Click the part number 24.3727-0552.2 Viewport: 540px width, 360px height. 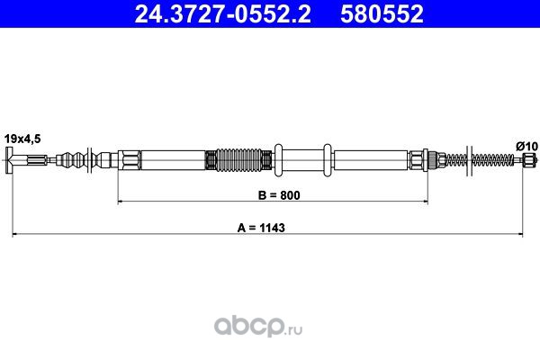coord(223,13)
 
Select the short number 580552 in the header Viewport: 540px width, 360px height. coord(382,13)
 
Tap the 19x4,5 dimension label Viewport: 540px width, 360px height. coord(22,139)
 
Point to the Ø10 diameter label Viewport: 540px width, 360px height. coord(526,147)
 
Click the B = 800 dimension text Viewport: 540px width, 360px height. coord(279,195)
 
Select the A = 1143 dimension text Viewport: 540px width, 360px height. coord(261,228)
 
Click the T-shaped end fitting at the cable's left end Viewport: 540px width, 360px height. coord(9,160)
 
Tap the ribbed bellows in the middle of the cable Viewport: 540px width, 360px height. coord(238,160)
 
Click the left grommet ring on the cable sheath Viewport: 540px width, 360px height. coord(278,160)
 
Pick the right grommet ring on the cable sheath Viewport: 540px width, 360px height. coord(328,160)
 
